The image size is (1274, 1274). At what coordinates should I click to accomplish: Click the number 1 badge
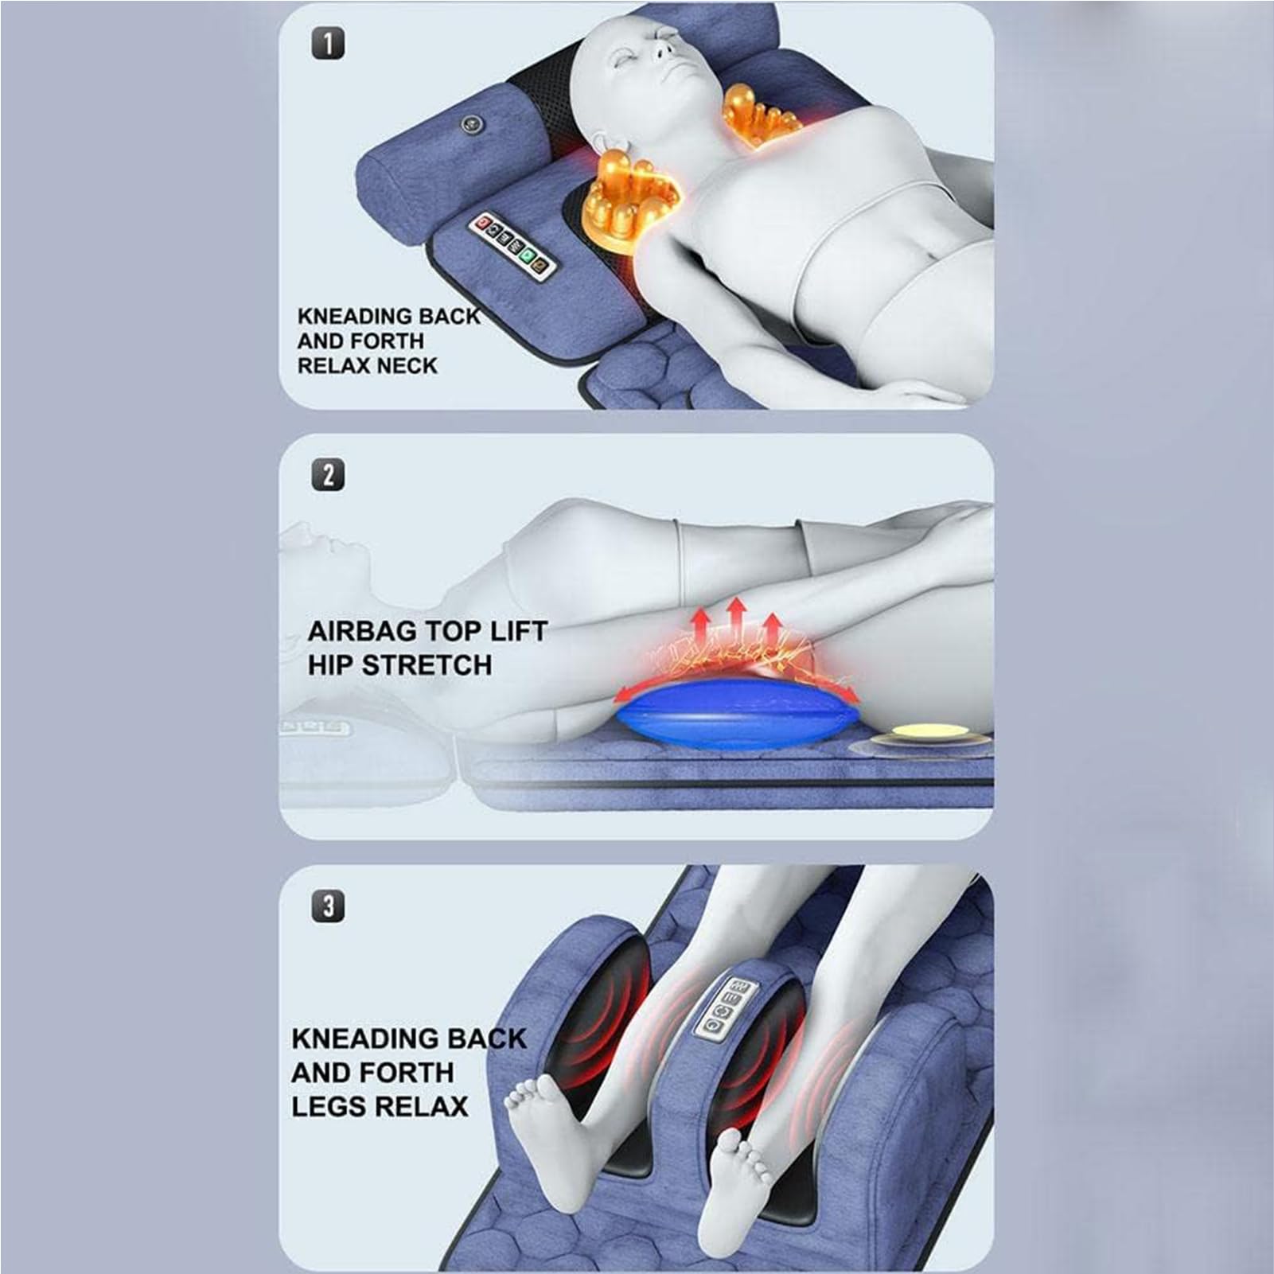tap(328, 44)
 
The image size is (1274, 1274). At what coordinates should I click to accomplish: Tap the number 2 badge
tap(328, 475)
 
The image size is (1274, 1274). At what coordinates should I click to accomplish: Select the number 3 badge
tap(328, 906)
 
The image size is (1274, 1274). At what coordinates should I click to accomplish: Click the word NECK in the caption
tap(407, 366)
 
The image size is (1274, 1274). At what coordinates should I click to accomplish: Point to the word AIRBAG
tap(363, 631)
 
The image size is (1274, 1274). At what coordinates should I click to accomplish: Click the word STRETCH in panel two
tap(427, 665)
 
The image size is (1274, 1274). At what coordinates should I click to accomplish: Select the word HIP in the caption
tap(331, 665)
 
